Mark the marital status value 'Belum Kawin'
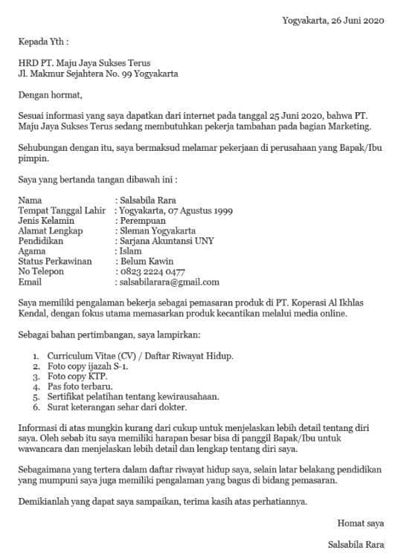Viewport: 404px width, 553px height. pos(146,262)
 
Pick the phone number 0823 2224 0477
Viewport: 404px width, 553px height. pos(153,272)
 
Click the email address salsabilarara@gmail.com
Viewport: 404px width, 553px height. pos(169,282)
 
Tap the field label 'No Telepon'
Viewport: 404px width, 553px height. pos(42,272)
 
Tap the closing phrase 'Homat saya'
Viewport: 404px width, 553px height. pos(361,522)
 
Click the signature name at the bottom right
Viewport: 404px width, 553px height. pos(356,543)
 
